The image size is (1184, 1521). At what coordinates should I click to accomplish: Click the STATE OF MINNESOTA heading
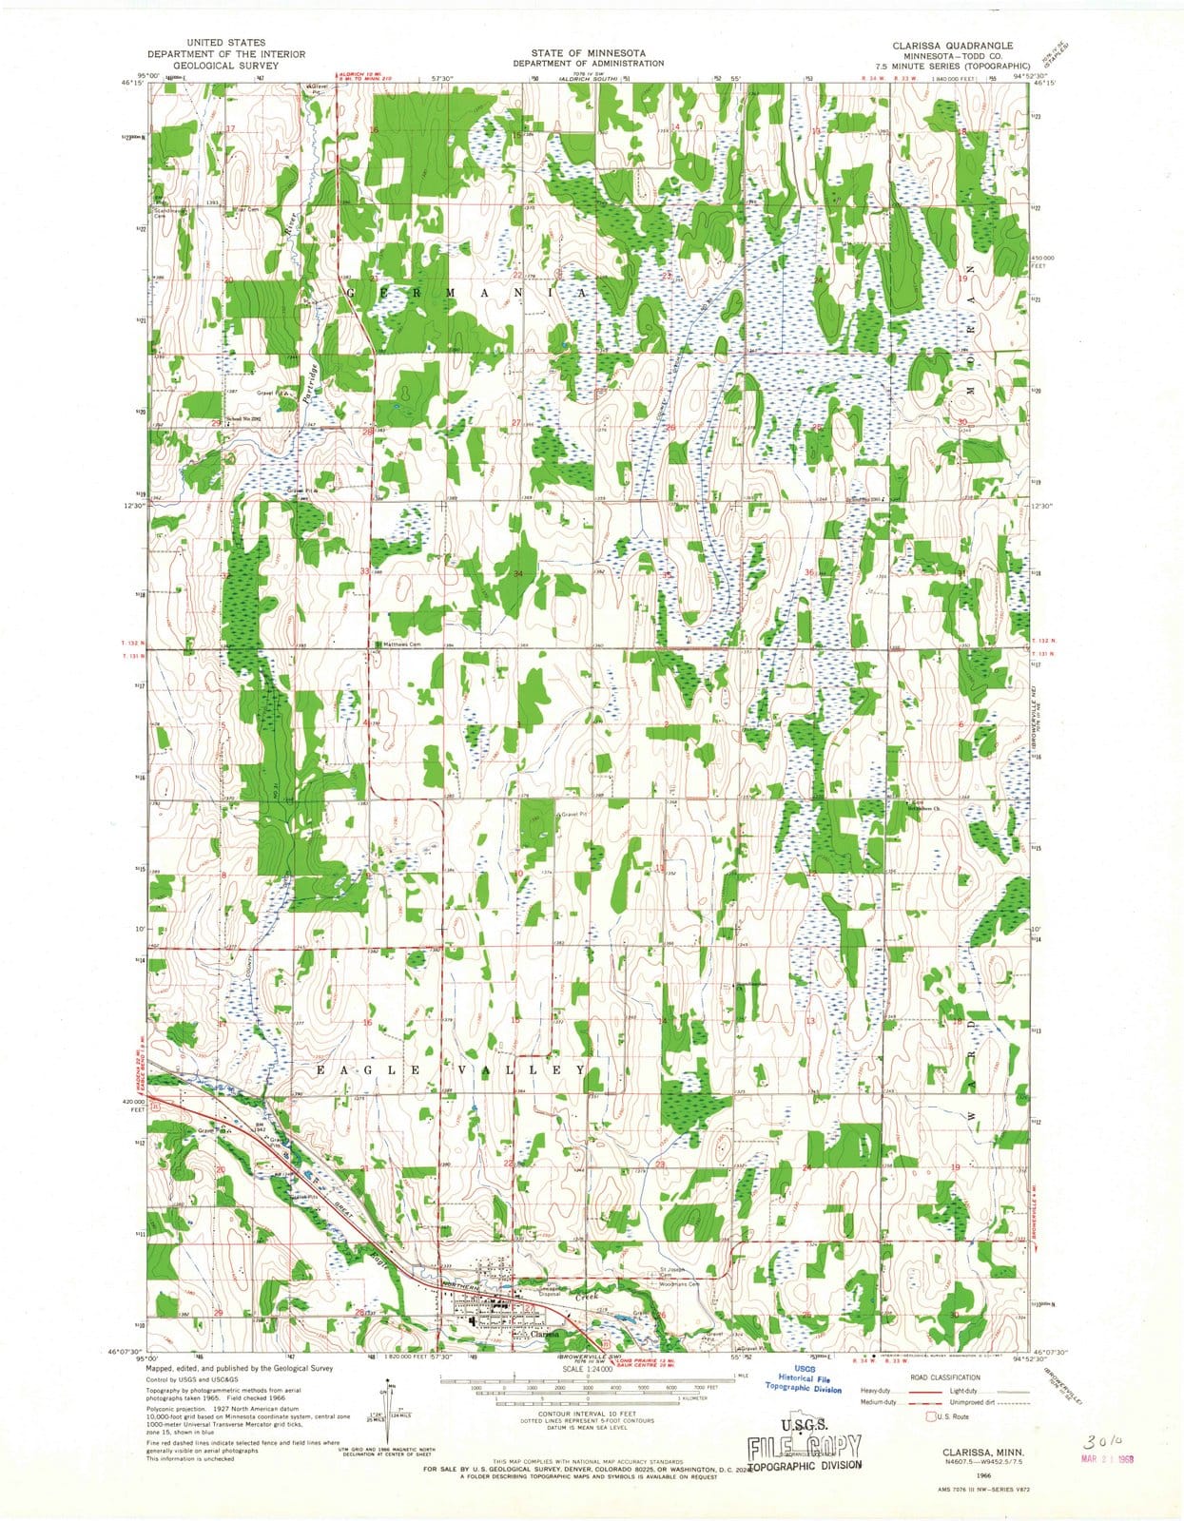588,53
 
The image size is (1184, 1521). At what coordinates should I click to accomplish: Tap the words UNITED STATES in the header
225,43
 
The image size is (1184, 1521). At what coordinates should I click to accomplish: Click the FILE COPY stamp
805,1446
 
